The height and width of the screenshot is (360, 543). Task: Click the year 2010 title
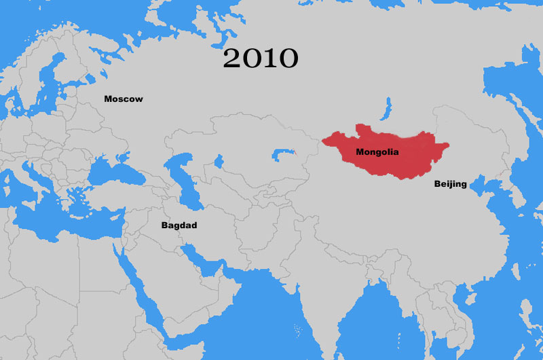(261, 58)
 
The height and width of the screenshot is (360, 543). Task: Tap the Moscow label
(124, 99)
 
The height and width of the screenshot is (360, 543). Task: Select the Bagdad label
(179, 225)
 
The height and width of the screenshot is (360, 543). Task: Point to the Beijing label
(450, 184)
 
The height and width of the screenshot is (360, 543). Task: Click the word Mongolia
(377, 153)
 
